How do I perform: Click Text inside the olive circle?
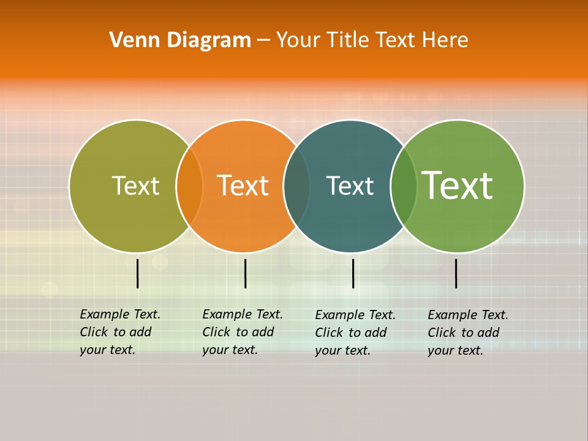pos(135,186)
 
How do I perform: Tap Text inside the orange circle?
pos(243,186)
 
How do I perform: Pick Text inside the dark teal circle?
pos(350,186)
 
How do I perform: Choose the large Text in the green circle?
pos(457,185)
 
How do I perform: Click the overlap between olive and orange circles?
pos(189,186)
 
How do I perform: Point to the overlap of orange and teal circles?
pos(296,186)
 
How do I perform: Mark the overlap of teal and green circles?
pos(404,186)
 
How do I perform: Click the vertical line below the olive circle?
pos(138,273)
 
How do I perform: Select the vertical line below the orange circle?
pos(245,273)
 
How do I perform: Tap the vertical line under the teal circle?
pos(353,273)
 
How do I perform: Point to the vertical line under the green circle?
pos(456,273)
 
